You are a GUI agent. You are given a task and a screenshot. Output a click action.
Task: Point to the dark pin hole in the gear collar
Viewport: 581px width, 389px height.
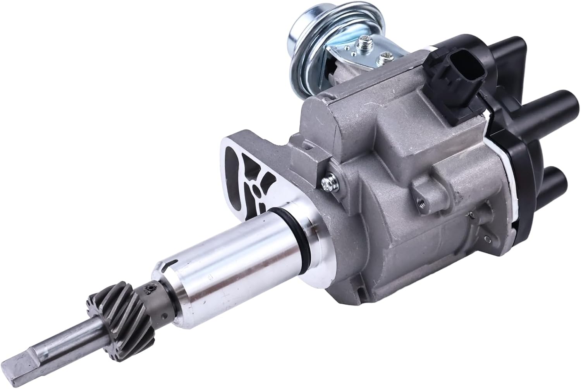[148, 288]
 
